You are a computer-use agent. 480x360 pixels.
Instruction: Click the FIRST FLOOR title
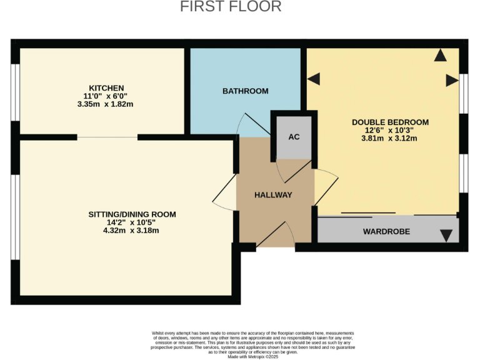(x=231, y=7)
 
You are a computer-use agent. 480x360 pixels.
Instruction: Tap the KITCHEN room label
(x=106, y=87)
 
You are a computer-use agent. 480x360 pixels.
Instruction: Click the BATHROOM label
(x=246, y=91)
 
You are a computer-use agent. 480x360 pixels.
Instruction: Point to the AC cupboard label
(x=294, y=137)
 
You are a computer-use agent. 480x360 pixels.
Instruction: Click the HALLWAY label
(x=273, y=195)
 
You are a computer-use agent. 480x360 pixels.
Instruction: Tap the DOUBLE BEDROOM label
(x=390, y=122)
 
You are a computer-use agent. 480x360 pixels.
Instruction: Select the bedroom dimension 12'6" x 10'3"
(x=390, y=130)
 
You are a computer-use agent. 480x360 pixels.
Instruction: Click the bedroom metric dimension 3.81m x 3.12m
(x=390, y=138)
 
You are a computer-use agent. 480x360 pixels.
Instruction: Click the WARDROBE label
(x=386, y=231)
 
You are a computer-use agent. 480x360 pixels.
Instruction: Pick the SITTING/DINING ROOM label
(x=132, y=214)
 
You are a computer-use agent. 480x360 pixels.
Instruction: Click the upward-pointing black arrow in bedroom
(x=441, y=56)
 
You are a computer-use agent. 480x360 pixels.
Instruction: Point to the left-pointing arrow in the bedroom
(x=313, y=79)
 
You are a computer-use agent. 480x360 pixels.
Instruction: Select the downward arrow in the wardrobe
(x=446, y=236)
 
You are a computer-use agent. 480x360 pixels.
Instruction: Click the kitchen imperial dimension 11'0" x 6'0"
(x=106, y=96)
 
